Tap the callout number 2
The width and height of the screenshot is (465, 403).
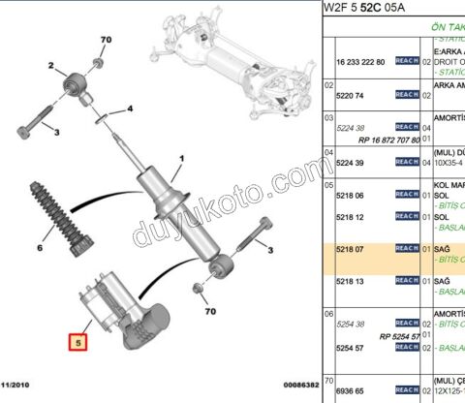point(50,66)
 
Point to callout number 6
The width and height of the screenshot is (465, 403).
point(40,248)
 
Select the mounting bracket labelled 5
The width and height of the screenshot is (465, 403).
point(126,310)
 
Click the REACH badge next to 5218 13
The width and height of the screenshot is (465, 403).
point(407,281)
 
